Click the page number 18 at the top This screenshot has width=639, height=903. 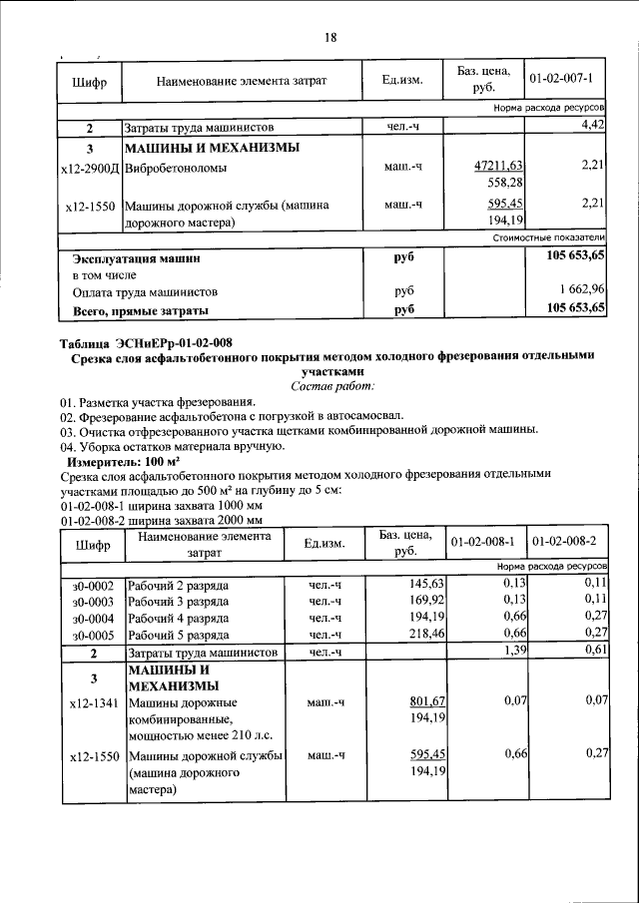(x=330, y=37)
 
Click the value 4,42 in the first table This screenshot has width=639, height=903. (x=588, y=126)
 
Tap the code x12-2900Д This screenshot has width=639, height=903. (x=90, y=168)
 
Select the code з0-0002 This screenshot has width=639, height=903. (x=92, y=584)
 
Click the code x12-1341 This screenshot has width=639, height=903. (x=92, y=702)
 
